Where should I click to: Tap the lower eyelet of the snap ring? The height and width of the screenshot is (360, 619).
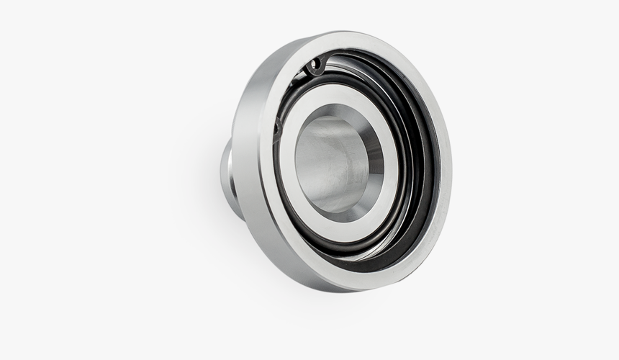(279, 128)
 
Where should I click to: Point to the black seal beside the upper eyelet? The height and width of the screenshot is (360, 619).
(331, 61)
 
